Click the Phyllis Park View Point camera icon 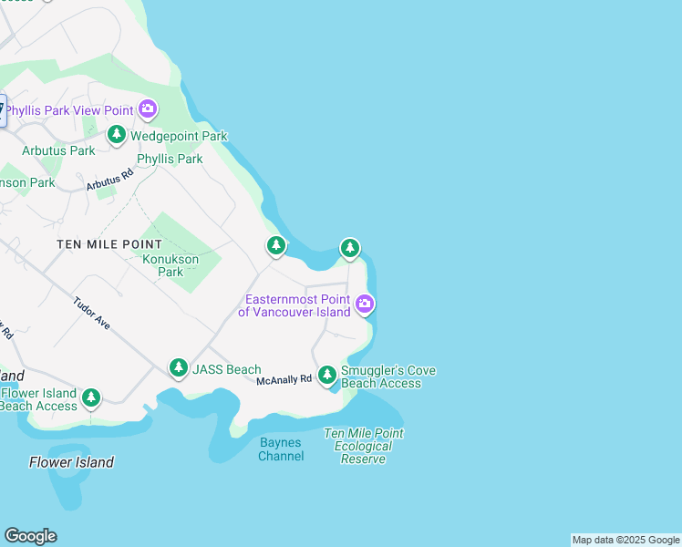148,109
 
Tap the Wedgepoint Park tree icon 117,136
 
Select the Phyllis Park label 170,159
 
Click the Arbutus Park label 58,150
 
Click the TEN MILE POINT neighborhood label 109,244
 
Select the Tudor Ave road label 91,313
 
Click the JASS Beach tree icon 179,368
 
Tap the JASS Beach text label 227,369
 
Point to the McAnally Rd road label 284,379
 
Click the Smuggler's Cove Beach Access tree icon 327,375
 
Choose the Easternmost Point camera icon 365,304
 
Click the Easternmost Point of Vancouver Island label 294,306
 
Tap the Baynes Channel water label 280,449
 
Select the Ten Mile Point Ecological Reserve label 363,446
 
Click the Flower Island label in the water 71,462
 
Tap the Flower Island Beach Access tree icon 90,397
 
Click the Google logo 30,536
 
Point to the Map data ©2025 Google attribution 625,540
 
